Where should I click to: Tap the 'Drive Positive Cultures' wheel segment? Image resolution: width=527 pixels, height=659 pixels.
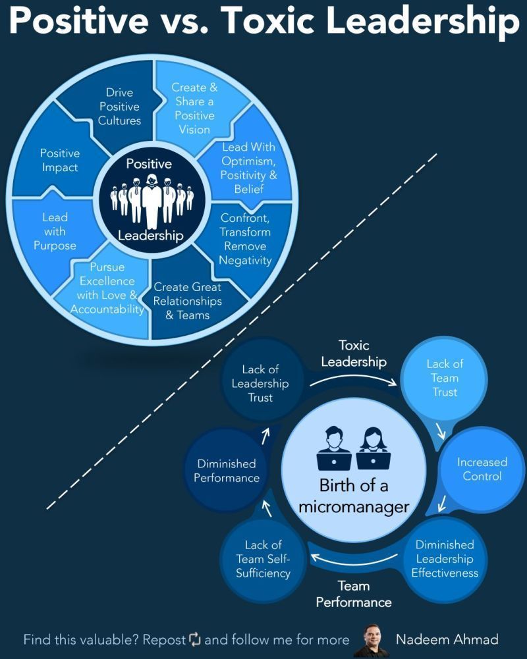(x=119, y=107)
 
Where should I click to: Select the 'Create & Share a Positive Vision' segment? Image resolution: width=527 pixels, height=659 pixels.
(x=194, y=107)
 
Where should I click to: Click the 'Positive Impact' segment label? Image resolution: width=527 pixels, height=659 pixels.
(x=59, y=161)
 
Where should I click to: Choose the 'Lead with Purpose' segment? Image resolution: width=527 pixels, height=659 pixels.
(x=55, y=231)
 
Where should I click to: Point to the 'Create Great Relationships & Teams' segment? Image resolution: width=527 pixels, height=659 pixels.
(x=188, y=301)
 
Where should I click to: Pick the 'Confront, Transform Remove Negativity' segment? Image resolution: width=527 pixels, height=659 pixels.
(x=245, y=238)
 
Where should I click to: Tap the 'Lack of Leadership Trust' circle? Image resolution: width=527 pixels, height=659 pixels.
(x=261, y=383)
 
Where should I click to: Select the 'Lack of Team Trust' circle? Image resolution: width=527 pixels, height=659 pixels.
(x=445, y=377)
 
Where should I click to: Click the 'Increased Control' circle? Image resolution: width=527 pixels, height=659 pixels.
(x=482, y=469)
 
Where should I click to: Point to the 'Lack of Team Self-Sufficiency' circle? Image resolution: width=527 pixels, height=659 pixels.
(x=263, y=558)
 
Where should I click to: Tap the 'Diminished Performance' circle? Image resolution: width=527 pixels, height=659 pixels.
(x=227, y=471)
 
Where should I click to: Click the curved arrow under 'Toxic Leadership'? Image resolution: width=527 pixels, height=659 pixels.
(x=354, y=381)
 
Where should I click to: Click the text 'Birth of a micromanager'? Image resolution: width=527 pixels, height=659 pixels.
(x=354, y=496)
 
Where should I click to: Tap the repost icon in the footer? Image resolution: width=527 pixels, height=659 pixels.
(x=194, y=639)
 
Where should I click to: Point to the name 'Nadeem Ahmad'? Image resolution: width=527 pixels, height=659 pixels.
(x=447, y=639)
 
